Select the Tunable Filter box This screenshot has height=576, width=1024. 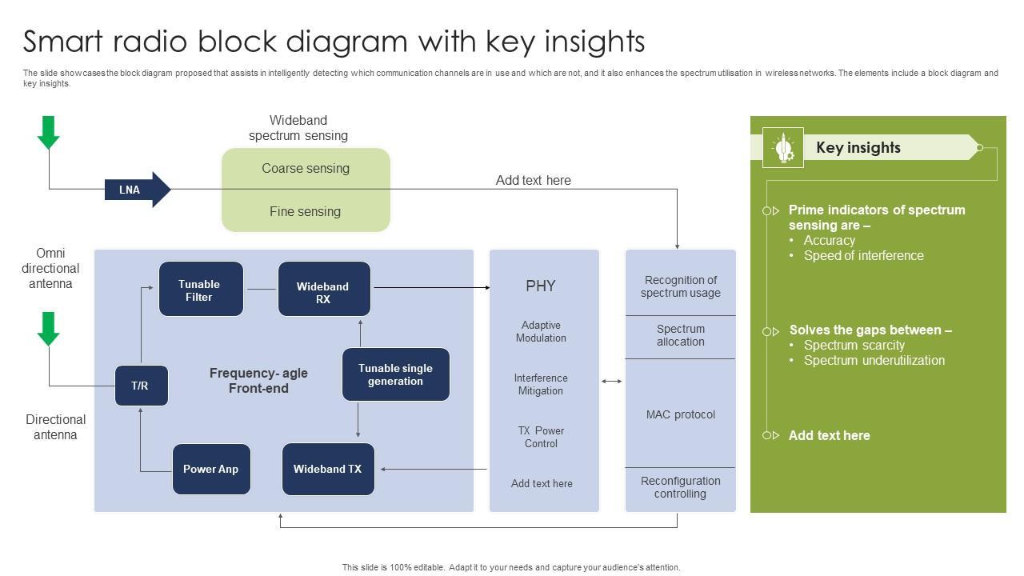coord(201,289)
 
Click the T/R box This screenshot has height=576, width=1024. coord(141,386)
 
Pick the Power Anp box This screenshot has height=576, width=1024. coord(211,470)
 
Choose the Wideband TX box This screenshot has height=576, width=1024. coord(328,470)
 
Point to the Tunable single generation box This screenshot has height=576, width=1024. coord(396,374)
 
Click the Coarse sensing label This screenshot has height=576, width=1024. coord(306,169)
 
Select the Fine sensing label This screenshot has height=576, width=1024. coord(306,212)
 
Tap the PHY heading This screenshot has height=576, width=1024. coord(541,286)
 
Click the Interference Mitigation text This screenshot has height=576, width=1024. coord(541,385)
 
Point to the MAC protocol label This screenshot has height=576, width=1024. coord(681,414)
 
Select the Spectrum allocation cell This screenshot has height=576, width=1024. coord(681,336)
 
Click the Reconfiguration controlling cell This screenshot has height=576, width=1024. coord(681,487)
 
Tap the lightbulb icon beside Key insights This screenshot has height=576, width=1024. coord(783,148)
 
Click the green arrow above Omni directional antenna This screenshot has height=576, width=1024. coord(49,132)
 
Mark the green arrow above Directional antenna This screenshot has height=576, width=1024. coord(49,328)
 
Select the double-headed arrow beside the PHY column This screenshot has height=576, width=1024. coord(612,382)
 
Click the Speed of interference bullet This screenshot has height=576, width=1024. coord(863,256)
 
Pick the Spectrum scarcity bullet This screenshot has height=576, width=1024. coord(854,346)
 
